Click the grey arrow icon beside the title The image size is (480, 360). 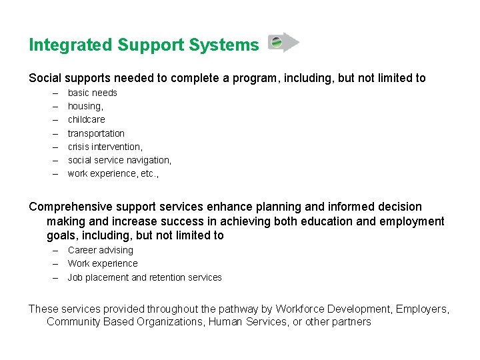point(283,43)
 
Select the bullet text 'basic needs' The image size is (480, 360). point(92,93)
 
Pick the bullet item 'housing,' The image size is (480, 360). point(85,106)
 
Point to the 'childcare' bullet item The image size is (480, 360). point(86,119)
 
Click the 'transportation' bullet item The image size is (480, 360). point(96,133)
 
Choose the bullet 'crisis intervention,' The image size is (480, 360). point(105,147)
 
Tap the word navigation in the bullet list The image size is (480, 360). point(148,160)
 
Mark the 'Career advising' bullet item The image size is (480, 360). point(100,250)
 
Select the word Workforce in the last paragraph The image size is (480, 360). point(302,309)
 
